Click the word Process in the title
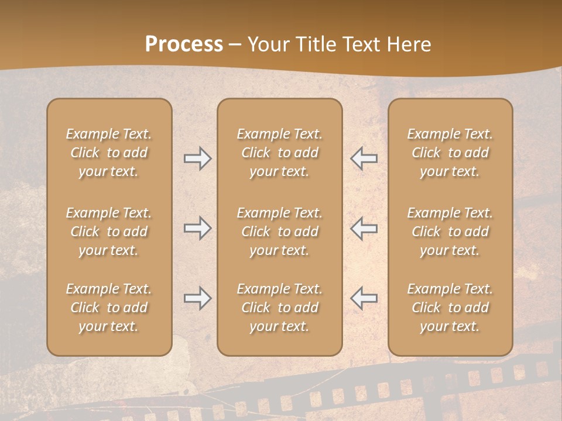click(x=184, y=44)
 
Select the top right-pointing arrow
click(x=197, y=158)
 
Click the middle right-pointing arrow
click(x=197, y=228)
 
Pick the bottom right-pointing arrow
click(x=197, y=298)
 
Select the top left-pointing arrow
click(x=364, y=158)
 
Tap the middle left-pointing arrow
click(x=364, y=228)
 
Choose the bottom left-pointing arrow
click(x=364, y=298)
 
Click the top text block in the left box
click(x=109, y=153)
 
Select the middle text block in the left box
click(x=109, y=232)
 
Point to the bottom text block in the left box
click(x=109, y=308)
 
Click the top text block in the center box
click(x=280, y=153)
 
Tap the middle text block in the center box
click(x=280, y=232)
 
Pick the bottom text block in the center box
click(x=280, y=308)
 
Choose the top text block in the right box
click(x=450, y=153)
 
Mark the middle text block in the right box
click(x=450, y=232)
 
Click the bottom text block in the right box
click(x=450, y=308)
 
